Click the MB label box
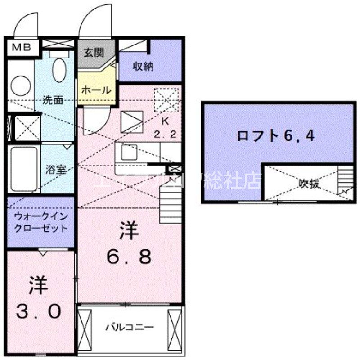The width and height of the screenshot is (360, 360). coord(19,47)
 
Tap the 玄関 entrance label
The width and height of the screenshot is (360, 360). coord(94,52)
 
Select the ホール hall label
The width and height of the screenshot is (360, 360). coord(96,90)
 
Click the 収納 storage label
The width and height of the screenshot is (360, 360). coord(144,66)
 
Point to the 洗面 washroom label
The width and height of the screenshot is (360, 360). coord(53,99)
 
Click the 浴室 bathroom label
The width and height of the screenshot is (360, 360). coord(57,170)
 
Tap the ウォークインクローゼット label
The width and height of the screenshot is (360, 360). coord(40,222)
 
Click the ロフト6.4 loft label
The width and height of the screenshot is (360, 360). coord(275,135)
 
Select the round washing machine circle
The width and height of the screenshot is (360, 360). coord(20,85)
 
